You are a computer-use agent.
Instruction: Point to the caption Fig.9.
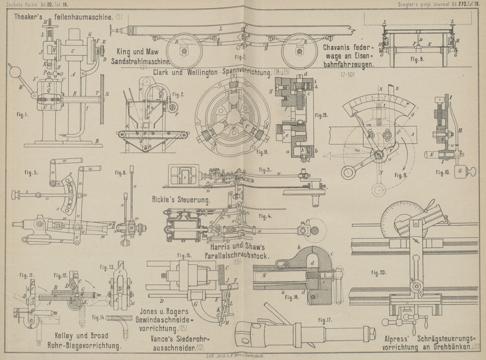(x=401, y=175)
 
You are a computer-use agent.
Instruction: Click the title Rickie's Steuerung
(x=180, y=199)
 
